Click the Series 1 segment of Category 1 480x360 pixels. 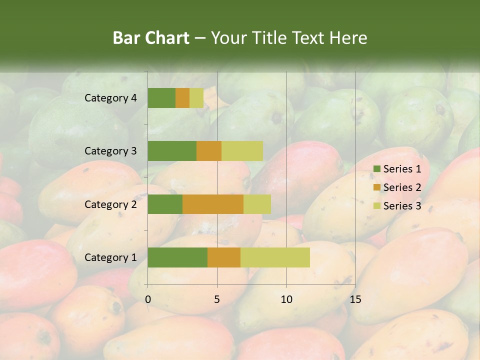click(177, 257)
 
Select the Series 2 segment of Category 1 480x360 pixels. click(224, 257)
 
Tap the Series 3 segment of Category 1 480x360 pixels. click(275, 257)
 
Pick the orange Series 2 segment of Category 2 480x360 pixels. click(213, 204)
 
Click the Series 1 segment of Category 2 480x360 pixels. click(165, 204)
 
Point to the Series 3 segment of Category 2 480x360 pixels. click(257, 204)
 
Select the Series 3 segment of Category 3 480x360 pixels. click(242, 151)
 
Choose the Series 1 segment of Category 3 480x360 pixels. click(172, 151)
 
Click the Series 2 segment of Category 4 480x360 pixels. click(182, 98)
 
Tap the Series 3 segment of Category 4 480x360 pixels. click(196, 98)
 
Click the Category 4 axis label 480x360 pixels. click(110, 98)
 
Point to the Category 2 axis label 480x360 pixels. click(110, 204)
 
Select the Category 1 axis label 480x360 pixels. click(110, 257)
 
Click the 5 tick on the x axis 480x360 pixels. click(217, 299)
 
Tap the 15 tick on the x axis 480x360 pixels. click(355, 299)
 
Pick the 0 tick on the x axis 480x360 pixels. click(148, 299)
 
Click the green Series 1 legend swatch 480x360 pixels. click(376, 169)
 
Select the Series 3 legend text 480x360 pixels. click(402, 206)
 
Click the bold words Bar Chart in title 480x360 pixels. click(151, 38)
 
